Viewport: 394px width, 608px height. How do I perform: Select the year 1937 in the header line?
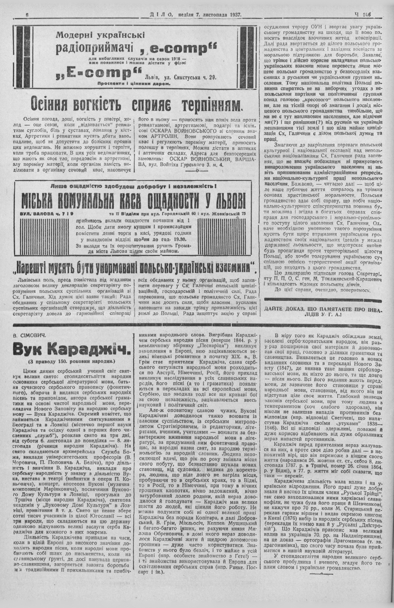234,15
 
